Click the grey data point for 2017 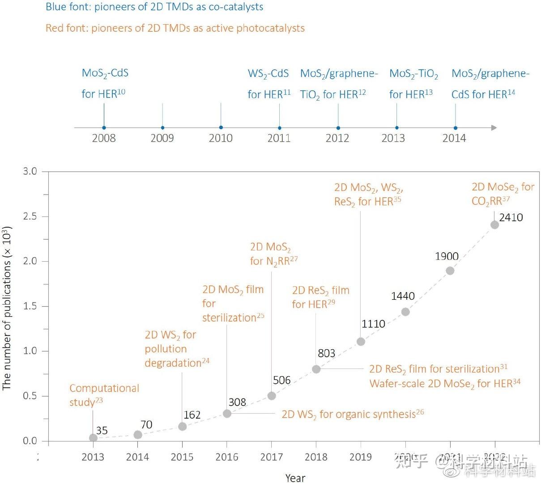click(x=272, y=396)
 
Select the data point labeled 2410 click(x=494, y=225)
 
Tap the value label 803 click(x=327, y=353)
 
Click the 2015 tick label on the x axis click(x=182, y=457)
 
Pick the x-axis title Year click(x=295, y=478)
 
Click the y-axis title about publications click(x=7, y=309)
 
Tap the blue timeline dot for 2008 click(x=104, y=128)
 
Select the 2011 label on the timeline click(x=279, y=138)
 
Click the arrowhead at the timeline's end click(x=494, y=128)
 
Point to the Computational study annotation click(x=104, y=395)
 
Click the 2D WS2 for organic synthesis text click(x=352, y=415)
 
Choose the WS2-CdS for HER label click(x=269, y=84)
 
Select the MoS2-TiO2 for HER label click(x=413, y=84)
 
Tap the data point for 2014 click(x=138, y=435)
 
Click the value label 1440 click(x=403, y=296)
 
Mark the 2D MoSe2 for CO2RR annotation click(x=503, y=194)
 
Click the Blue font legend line click(x=154, y=7)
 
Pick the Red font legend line click(x=175, y=28)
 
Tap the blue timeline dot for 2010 click(x=221, y=128)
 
